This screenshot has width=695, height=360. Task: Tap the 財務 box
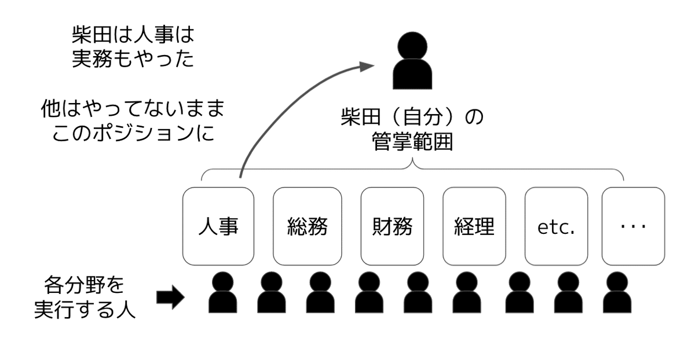pos(392,226)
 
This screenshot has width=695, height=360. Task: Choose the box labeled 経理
pos(474,226)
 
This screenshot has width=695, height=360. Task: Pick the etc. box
pos(556,226)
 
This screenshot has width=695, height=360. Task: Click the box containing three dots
pos(632,226)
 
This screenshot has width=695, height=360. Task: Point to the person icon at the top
pos(413,62)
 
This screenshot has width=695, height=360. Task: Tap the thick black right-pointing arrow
pos(170,298)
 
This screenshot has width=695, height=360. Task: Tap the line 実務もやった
pos(133,59)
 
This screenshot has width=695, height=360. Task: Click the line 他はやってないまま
pos(133,108)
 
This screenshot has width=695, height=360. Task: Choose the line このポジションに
pos(133,133)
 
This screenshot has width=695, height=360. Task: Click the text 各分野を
pos(85,286)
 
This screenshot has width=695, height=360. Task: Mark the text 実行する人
pos(85,310)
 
